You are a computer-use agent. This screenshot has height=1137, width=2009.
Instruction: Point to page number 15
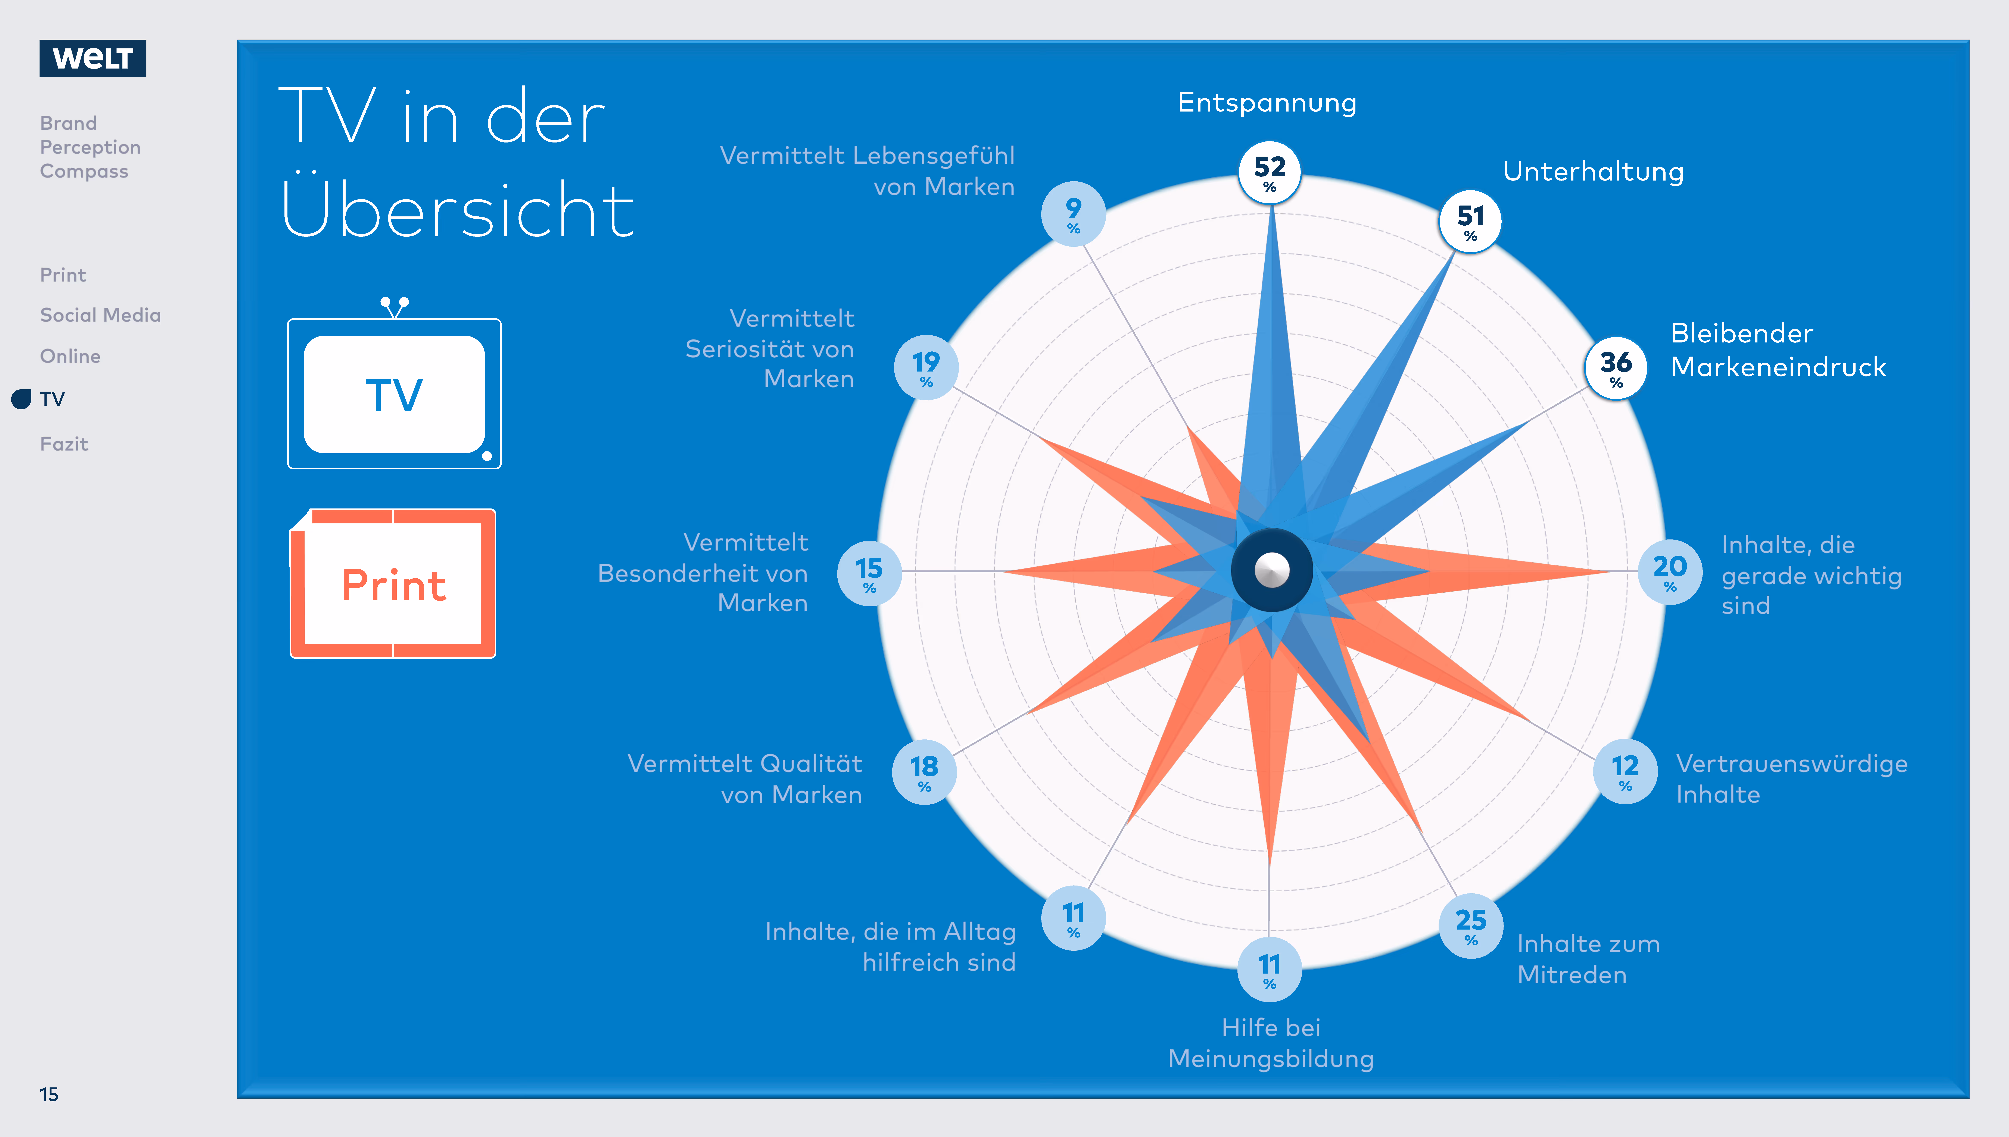pyautogui.click(x=49, y=1094)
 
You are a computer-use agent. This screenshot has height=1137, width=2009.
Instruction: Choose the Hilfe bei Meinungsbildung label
pyautogui.click(x=1271, y=1043)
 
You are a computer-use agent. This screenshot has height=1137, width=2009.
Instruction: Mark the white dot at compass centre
pyautogui.click(x=1272, y=570)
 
